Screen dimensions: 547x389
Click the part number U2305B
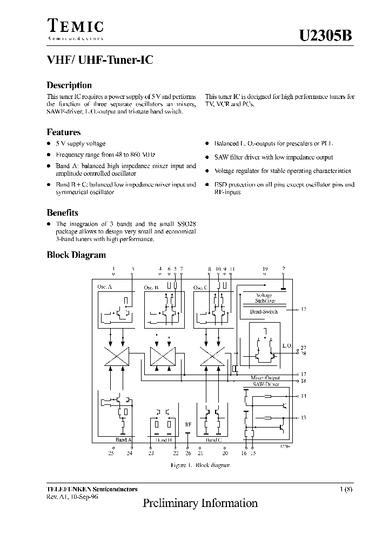(326, 36)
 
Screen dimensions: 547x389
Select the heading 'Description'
(69, 85)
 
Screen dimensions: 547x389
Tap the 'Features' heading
(64, 132)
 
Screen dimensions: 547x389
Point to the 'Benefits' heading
(63, 213)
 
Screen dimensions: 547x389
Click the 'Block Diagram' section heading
(76, 255)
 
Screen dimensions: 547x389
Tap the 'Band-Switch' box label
(263, 312)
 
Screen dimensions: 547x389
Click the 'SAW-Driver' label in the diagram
(266, 384)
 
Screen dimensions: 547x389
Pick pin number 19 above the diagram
(265, 269)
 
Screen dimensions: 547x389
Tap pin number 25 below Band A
(111, 453)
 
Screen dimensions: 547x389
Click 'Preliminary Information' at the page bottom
(200, 503)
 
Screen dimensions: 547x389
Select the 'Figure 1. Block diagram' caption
(193, 465)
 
